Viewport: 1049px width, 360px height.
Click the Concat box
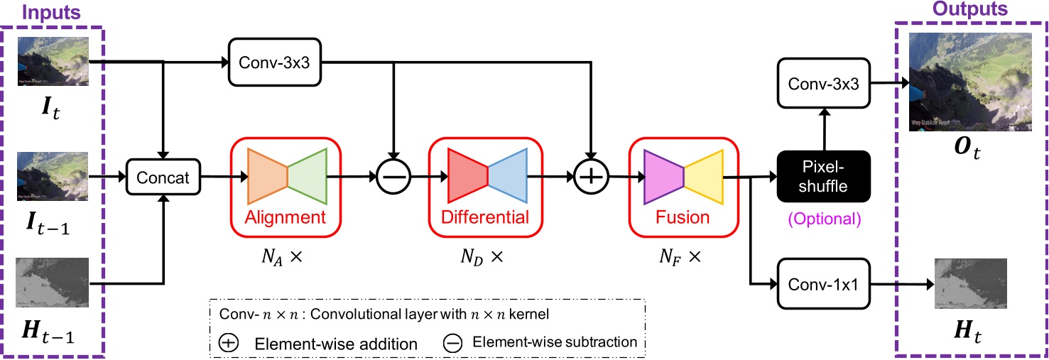click(163, 177)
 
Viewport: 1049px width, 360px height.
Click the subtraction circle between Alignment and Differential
click(393, 177)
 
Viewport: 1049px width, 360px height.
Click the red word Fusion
click(683, 217)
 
